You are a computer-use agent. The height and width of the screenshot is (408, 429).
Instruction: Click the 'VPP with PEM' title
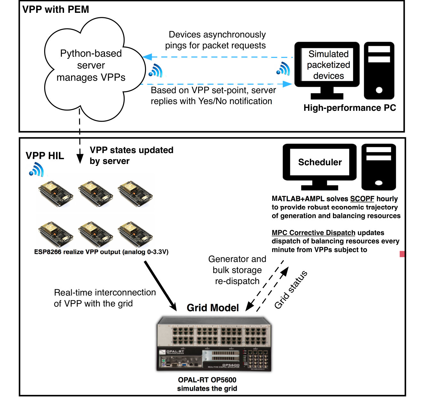55,9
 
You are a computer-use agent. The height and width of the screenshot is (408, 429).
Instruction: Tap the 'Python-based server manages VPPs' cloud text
91,65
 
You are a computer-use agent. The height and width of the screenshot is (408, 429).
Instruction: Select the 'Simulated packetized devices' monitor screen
327,64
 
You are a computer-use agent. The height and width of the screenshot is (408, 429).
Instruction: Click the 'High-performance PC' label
349,108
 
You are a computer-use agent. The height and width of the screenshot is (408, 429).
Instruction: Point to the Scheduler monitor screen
320,162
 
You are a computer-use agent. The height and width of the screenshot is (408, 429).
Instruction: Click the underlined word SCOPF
362,199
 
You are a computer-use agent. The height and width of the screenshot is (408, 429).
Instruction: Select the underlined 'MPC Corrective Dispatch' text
313,233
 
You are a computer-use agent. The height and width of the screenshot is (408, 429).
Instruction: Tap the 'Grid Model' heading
213,307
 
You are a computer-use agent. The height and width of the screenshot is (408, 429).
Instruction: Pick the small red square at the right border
402,254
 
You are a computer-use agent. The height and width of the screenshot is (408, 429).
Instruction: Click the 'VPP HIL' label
45,156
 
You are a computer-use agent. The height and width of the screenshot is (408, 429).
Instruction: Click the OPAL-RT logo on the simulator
172,352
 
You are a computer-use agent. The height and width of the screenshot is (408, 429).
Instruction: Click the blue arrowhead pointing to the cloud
147,57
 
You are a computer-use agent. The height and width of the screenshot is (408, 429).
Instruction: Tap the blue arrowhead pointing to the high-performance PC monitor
287,84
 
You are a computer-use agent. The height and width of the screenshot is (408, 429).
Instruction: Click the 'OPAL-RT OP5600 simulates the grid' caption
207,384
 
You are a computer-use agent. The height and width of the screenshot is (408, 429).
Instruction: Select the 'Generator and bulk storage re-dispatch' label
237,270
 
